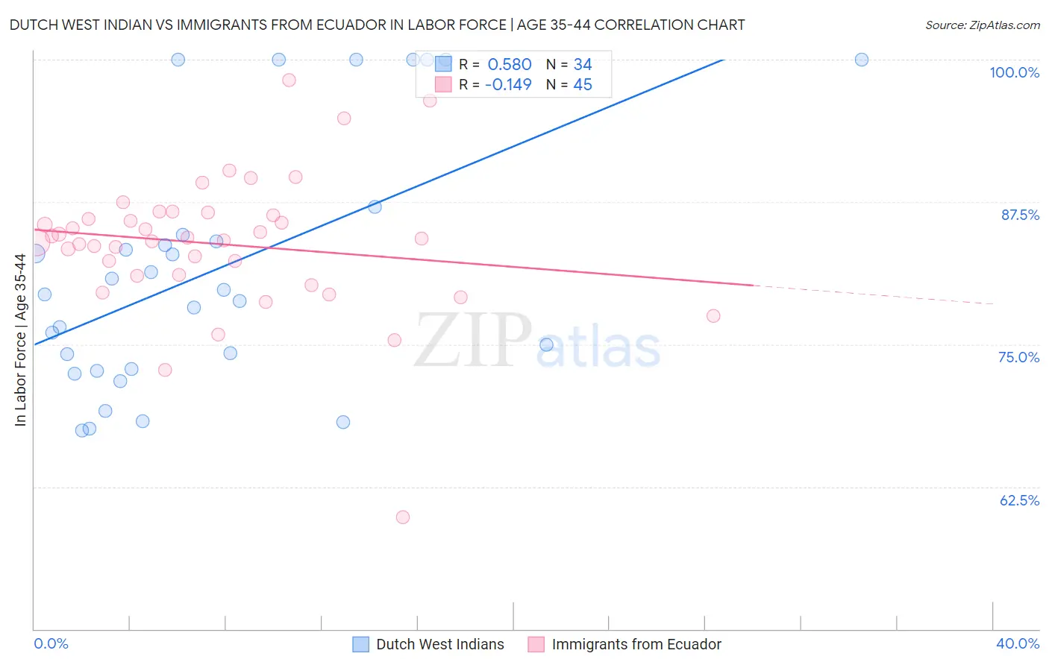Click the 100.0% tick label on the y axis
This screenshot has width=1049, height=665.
[x=1014, y=72]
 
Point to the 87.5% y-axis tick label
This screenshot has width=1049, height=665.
[x=1020, y=215]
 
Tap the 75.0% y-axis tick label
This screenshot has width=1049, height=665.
[x=1018, y=357]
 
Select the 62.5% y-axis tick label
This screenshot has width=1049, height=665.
[x=1019, y=500]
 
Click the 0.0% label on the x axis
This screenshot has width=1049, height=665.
[x=51, y=643]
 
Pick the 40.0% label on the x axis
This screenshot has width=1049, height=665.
[x=1018, y=643]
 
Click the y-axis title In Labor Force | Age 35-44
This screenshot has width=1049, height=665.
[x=20, y=340]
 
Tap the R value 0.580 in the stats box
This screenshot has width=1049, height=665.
[x=509, y=65]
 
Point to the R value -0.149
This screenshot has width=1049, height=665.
[x=507, y=85]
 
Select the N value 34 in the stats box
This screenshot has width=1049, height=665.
[x=583, y=65]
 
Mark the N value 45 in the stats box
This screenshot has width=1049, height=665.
[x=583, y=85]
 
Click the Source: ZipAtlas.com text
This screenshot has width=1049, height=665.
[x=982, y=25]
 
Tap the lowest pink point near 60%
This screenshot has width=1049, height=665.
[x=403, y=517]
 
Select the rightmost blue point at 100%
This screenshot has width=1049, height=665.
[x=862, y=60]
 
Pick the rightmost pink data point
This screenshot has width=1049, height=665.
[x=713, y=316]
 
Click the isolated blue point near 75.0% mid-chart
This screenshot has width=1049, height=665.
[x=546, y=344]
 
